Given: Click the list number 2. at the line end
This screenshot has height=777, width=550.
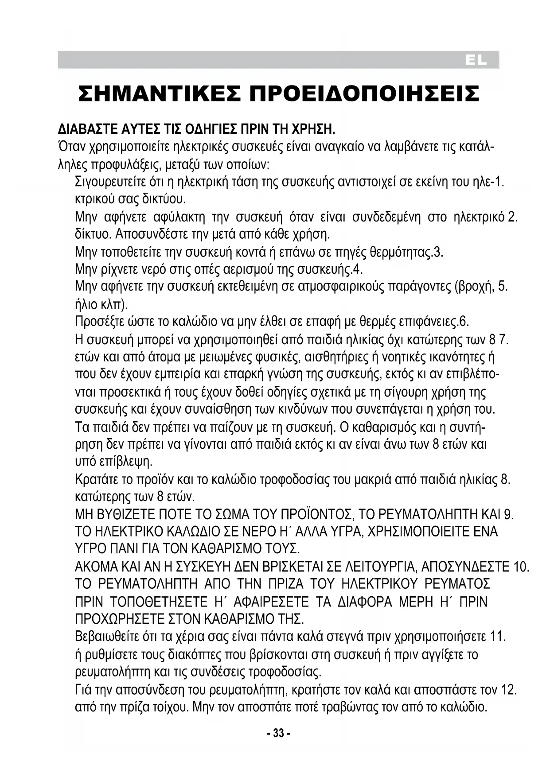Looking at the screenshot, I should click(513, 217).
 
